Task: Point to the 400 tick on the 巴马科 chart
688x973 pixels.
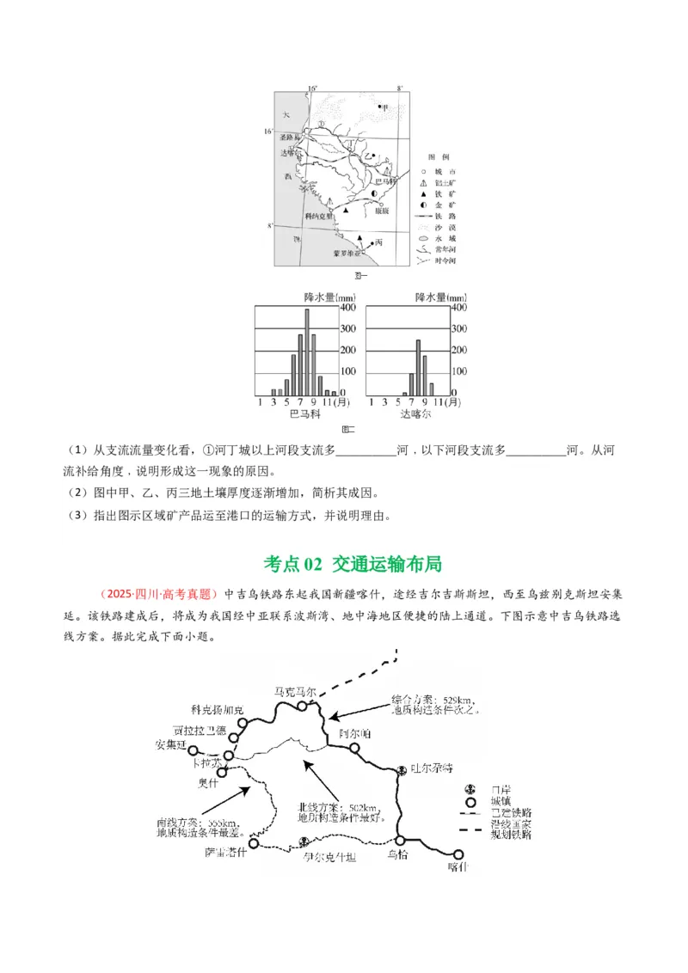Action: click(347, 308)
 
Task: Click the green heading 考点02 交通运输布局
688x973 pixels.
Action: click(353, 564)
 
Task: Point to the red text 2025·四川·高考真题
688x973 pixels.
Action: click(159, 594)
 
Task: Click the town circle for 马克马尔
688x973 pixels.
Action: click(302, 705)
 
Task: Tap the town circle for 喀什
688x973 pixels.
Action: click(458, 854)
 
